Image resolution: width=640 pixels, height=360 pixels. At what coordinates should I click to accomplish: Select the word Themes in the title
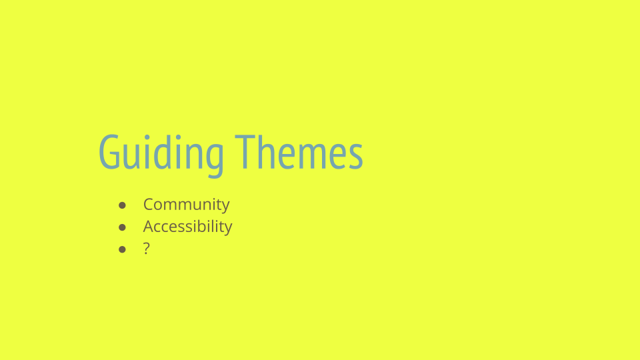(299, 152)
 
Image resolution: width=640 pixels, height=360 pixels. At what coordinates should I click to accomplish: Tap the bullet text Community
(187, 205)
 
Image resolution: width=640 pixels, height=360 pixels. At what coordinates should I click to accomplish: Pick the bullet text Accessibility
(188, 227)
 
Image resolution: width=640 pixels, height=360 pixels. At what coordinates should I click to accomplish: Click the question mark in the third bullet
(147, 248)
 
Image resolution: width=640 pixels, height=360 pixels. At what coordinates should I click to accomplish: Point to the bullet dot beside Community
(122, 205)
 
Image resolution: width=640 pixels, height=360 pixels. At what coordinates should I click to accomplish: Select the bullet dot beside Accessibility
(122, 227)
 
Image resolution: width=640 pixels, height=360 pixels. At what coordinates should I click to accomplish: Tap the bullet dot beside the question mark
(122, 249)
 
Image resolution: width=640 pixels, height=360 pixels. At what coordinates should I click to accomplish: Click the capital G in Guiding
(109, 152)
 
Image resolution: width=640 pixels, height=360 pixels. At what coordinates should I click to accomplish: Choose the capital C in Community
(149, 204)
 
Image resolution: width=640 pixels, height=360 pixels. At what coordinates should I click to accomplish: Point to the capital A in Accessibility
(149, 226)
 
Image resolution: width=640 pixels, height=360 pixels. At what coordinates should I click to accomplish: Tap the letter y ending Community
(225, 207)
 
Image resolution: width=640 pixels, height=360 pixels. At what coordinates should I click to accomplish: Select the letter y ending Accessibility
(228, 229)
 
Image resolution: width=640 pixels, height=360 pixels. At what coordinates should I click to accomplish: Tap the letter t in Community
(217, 205)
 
